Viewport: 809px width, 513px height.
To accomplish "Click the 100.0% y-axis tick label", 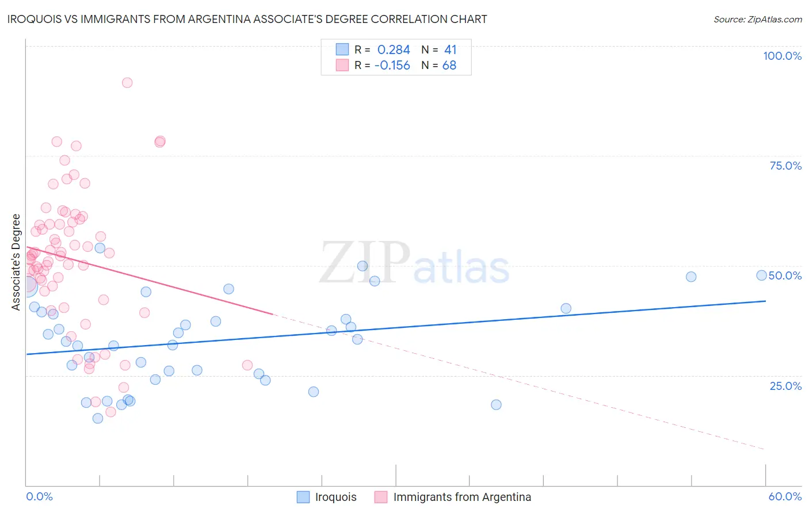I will pyautogui.click(x=782, y=56).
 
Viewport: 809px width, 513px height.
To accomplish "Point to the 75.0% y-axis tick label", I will pyautogui.click(x=785, y=166).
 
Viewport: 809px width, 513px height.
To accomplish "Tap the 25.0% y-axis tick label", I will pyautogui.click(x=785, y=386).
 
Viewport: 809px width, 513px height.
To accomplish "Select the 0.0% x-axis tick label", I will pyautogui.click(x=39, y=496).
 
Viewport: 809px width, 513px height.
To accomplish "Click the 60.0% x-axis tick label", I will pyautogui.click(x=785, y=496).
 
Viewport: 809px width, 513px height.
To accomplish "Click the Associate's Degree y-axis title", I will pyautogui.click(x=16, y=262).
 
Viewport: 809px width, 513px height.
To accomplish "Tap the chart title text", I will pyautogui.click(x=247, y=19).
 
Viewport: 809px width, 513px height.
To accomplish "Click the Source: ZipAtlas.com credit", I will pyautogui.click(x=757, y=19).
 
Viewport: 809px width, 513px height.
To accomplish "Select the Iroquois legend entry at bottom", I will pyautogui.click(x=335, y=497).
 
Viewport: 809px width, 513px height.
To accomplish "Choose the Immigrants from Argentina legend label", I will pyautogui.click(x=462, y=497).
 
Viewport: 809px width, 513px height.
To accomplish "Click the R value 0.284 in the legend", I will pyautogui.click(x=394, y=50).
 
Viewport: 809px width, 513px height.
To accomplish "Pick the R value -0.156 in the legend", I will pyautogui.click(x=392, y=66).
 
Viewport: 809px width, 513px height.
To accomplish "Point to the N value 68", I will pyautogui.click(x=449, y=66).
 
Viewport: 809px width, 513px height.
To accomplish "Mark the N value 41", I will pyautogui.click(x=450, y=50).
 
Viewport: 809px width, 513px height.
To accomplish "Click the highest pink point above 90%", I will pyautogui.click(x=127, y=83).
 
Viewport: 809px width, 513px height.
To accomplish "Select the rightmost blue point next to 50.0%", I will pyautogui.click(x=761, y=275).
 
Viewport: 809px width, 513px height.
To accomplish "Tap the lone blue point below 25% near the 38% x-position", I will pyautogui.click(x=496, y=405).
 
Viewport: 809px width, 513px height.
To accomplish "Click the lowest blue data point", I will pyautogui.click(x=98, y=419).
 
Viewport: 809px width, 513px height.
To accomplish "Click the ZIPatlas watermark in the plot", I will pyautogui.click(x=414, y=264).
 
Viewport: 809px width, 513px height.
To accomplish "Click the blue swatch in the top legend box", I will pyautogui.click(x=342, y=49).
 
